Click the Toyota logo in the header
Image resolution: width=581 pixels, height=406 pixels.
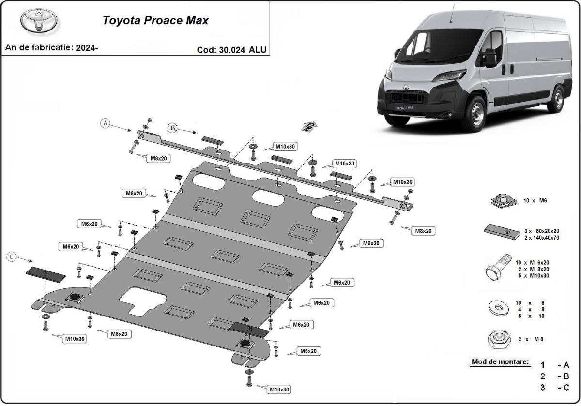coord(39,21)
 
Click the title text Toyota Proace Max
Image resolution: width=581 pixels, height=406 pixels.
coord(155,21)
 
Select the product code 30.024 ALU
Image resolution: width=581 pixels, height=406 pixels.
coord(231,49)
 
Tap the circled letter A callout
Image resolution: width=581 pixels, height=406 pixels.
coord(105,123)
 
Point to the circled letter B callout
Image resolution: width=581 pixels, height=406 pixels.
coord(173,128)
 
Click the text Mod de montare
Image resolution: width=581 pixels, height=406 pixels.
coord(500,362)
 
